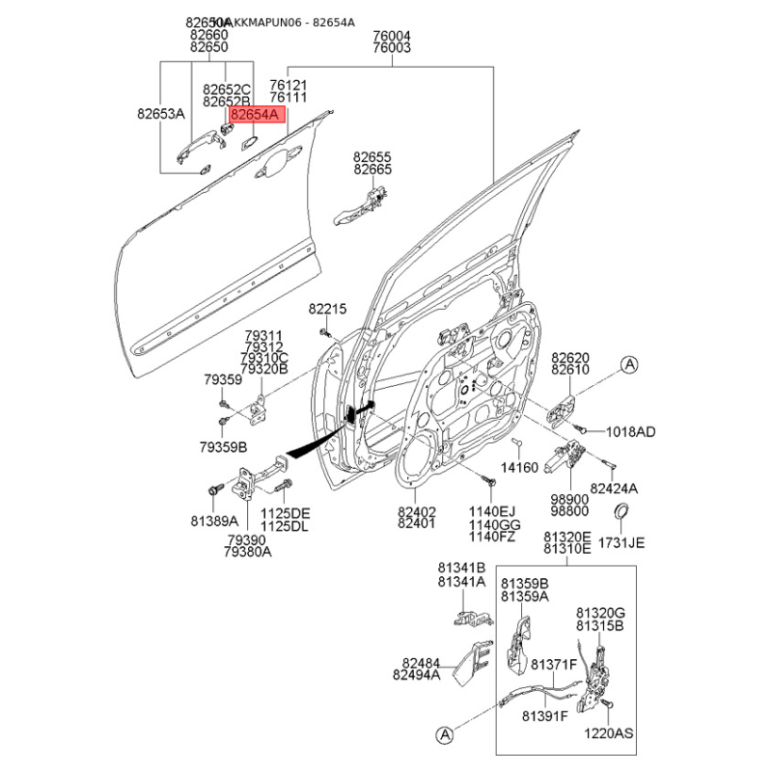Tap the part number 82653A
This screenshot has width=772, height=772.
pyautogui.click(x=160, y=114)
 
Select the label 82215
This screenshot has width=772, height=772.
pyautogui.click(x=327, y=308)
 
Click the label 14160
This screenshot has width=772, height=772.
pyautogui.click(x=522, y=467)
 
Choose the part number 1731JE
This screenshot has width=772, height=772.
pyautogui.click(x=621, y=542)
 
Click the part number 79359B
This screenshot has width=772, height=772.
pyautogui.click(x=224, y=447)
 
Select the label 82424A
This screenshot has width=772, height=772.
pyautogui.click(x=616, y=488)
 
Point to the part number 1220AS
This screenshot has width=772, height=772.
pyautogui.click(x=610, y=733)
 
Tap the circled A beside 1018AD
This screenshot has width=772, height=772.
pyautogui.click(x=629, y=365)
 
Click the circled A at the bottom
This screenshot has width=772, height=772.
pyautogui.click(x=445, y=736)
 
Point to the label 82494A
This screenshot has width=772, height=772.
pyautogui.click(x=416, y=675)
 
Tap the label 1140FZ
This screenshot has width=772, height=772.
pyautogui.click(x=492, y=536)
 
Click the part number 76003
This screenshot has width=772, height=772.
pyautogui.click(x=392, y=47)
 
